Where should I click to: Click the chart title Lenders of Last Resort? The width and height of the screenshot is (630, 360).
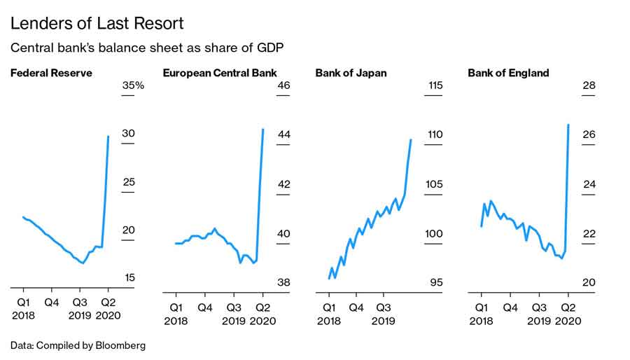(97, 24)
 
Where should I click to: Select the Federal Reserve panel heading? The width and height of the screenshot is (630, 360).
(51, 73)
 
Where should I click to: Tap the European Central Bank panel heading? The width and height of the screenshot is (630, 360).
(220, 73)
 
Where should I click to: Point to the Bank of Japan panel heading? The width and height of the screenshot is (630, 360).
(351, 73)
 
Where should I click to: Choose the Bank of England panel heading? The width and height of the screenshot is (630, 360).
(508, 73)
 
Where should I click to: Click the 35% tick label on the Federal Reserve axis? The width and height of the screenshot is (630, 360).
(133, 85)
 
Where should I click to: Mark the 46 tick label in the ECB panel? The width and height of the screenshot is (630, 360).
(283, 85)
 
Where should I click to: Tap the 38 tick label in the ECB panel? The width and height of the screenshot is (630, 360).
(283, 283)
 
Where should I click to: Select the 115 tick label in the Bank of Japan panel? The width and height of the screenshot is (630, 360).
(435, 85)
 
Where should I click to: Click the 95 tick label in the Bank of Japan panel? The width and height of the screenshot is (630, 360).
(436, 283)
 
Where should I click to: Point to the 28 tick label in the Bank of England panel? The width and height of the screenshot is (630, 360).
(589, 85)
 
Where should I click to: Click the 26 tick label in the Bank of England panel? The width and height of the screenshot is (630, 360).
(589, 134)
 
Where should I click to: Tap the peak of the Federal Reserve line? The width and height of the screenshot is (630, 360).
(108, 136)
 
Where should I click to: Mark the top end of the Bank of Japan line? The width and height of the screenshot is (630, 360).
(411, 139)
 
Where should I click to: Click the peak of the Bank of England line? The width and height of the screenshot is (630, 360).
(568, 125)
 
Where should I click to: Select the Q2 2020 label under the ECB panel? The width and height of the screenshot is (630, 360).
(263, 313)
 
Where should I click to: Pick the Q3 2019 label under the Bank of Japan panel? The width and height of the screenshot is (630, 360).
(384, 313)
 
